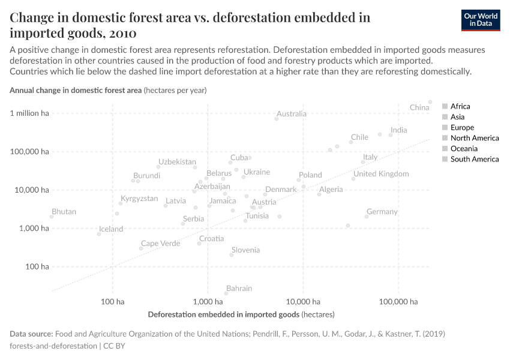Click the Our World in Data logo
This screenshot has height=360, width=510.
point(481,20)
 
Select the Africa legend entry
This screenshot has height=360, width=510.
point(460,106)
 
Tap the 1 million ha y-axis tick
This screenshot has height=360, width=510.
point(29,113)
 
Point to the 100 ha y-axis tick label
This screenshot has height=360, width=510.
point(37,266)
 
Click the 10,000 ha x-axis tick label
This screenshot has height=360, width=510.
point(302,301)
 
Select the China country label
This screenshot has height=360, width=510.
point(419,107)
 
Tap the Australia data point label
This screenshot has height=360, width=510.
point(292,113)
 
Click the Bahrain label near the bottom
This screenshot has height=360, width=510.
point(239,289)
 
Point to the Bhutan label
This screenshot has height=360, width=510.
point(64,212)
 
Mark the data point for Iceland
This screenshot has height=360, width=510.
point(99,234)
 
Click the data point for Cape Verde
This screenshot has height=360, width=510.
point(141,248)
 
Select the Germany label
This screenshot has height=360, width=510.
point(382,212)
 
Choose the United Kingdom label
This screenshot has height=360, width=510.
point(381,174)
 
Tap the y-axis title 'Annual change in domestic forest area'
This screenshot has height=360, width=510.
point(76,90)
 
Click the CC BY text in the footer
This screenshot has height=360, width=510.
point(115,346)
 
